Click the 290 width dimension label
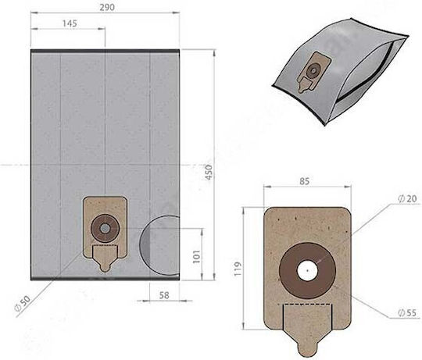[107, 7]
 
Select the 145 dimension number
[70, 23]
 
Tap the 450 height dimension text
[209, 172]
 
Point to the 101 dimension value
[197, 256]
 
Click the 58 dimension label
[164, 295]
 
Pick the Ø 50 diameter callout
[23, 303]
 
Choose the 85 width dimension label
[305, 181]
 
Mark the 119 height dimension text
[238, 269]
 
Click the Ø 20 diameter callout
[407, 198]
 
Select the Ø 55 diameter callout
[407, 312]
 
